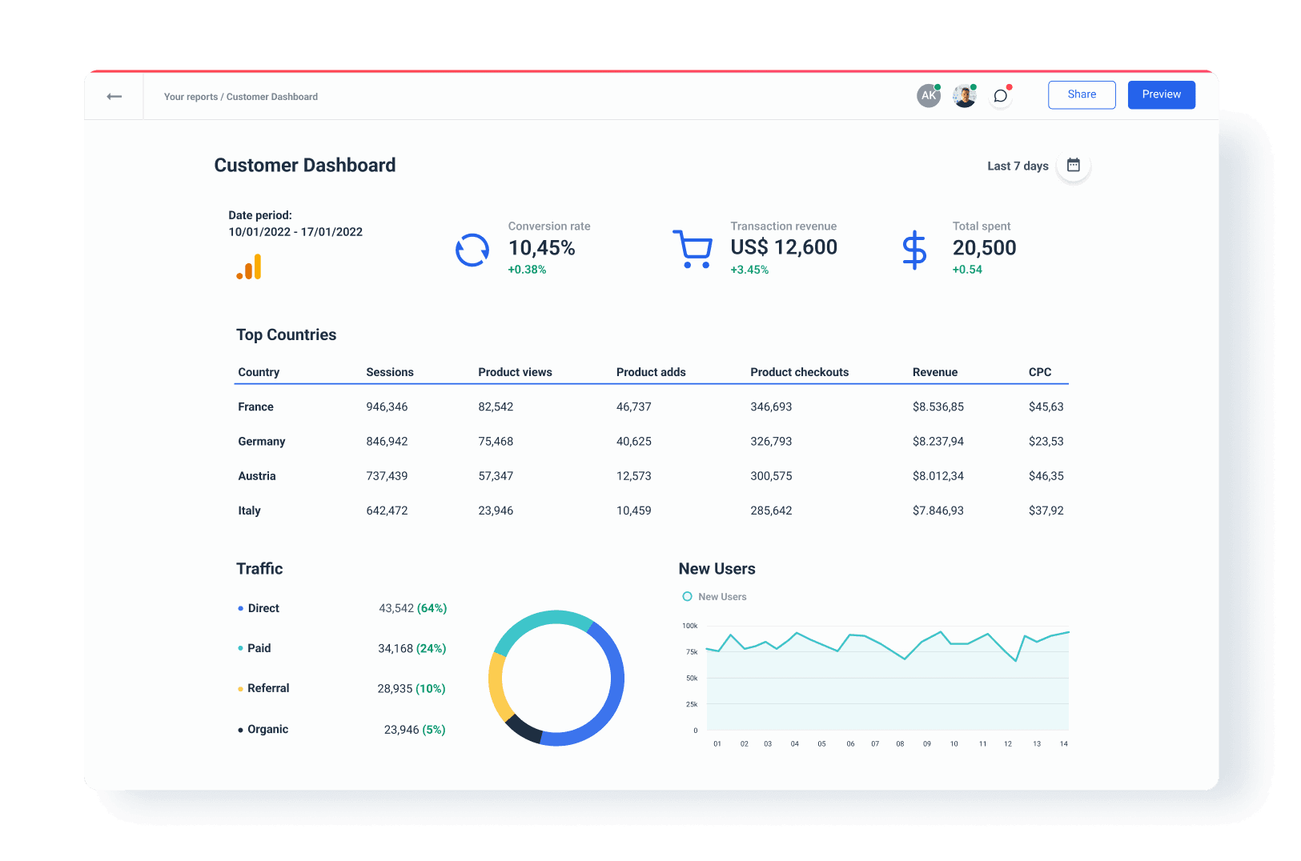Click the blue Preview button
pyautogui.click(x=1161, y=94)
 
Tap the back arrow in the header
pyautogui.click(x=114, y=97)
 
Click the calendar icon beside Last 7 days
pyautogui.click(x=1073, y=166)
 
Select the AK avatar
pyautogui.click(x=928, y=95)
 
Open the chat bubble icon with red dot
pyautogui.click(x=1000, y=96)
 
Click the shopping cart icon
pyautogui.click(x=693, y=249)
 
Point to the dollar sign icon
pyautogui.click(x=914, y=250)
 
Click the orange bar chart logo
pyautogui.click(x=249, y=267)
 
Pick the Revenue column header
pyautogui.click(x=934, y=372)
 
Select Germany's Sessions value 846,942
pyautogui.click(x=387, y=442)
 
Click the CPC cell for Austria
pyautogui.click(x=1046, y=476)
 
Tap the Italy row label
pyautogui.click(x=249, y=511)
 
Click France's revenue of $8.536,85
pyautogui.click(x=938, y=407)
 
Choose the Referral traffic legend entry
pyautogui.click(x=268, y=688)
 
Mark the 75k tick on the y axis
pyautogui.click(x=692, y=652)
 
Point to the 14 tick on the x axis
pyautogui.click(x=1063, y=744)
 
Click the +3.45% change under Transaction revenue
pyautogui.click(x=749, y=270)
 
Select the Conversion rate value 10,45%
pyautogui.click(x=541, y=248)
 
